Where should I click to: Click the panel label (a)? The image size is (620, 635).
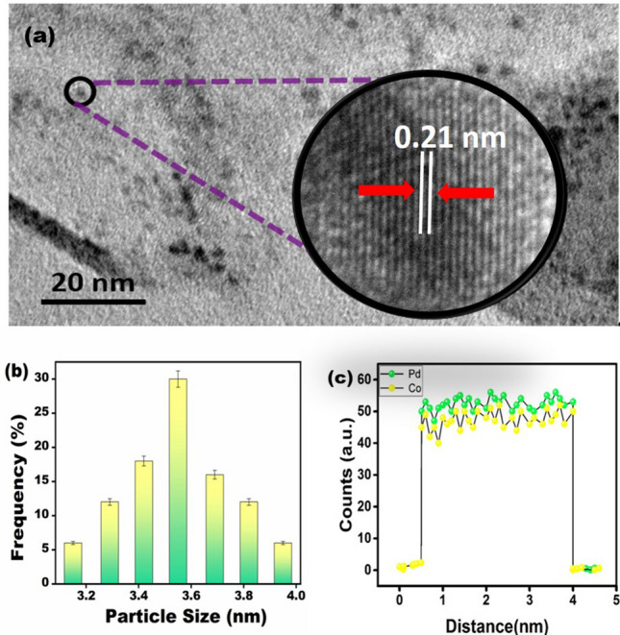tap(39, 37)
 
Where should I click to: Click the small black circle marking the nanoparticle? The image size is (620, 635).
tap(80, 90)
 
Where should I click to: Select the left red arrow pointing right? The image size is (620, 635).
tap(386, 191)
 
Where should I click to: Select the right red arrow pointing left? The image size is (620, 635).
tap(466, 192)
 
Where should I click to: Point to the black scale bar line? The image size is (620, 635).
tap(93, 301)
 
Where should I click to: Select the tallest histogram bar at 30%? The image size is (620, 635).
tap(178, 480)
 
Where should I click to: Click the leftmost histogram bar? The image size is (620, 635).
tap(73, 562)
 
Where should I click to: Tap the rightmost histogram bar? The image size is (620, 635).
tap(282, 562)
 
